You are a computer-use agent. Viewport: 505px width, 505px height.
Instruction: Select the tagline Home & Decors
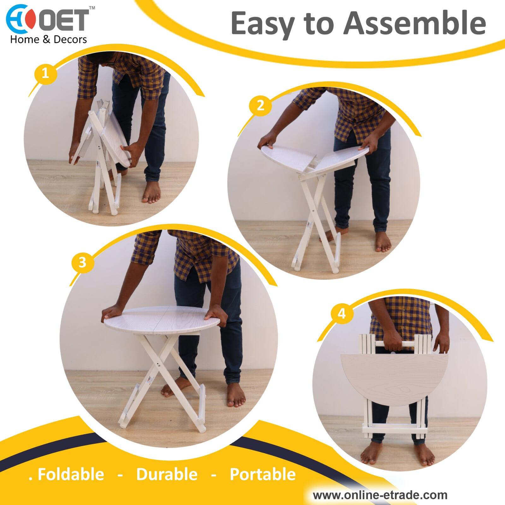pyautogui.click(x=49, y=39)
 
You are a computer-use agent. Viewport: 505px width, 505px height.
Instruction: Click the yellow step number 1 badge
pyautogui.click(x=45, y=73)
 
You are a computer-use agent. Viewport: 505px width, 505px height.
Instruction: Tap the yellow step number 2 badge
pyautogui.click(x=260, y=105)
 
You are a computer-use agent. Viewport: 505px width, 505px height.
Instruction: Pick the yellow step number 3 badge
pyautogui.click(x=82, y=262)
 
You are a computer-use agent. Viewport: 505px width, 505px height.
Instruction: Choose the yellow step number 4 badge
pyautogui.click(x=342, y=314)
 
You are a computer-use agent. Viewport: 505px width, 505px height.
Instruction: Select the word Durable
pyautogui.click(x=167, y=474)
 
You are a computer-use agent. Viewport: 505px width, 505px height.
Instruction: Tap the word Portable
pyautogui.click(x=263, y=474)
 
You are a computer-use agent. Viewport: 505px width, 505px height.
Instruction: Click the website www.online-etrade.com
pyautogui.click(x=380, y=495)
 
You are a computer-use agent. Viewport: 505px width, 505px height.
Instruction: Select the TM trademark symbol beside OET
pyautogui.click(x=92, y=7)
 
